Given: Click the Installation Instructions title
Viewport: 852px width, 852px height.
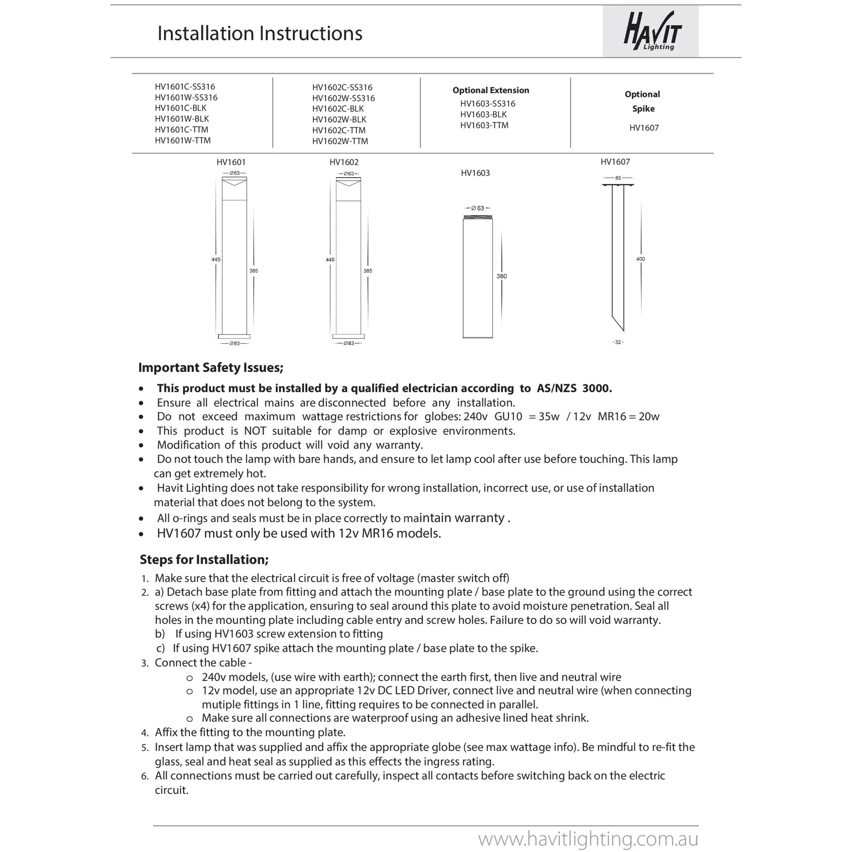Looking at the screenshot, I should coord(260,34).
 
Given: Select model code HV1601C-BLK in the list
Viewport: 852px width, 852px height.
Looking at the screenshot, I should coord(181,108).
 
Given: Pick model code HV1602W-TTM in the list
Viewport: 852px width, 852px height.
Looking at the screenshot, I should coord(340,141).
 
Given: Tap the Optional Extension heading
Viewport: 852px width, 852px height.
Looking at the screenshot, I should coord(490,90).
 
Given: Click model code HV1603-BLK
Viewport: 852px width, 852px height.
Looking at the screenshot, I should coord(483,115).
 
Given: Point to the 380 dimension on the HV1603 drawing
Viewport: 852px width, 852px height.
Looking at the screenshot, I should coord(501,277).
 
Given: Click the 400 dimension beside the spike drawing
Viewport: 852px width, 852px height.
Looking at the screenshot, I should coord(640,259).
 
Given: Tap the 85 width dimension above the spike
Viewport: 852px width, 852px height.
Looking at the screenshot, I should coord(618,178).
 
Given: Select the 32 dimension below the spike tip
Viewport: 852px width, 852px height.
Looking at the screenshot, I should coord(618,342).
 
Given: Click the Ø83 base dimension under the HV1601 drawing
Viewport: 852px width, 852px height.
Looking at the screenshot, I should coord(234,344).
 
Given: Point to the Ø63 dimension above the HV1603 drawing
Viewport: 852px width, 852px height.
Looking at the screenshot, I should coord(478,208).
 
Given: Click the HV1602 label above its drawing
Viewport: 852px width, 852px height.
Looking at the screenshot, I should coord(344,162).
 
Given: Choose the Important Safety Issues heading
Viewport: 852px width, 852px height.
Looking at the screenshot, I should coord(211,368).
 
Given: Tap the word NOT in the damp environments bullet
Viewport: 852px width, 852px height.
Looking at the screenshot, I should coord(255,431).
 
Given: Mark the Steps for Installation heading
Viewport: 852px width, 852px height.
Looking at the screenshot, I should coord(204,560).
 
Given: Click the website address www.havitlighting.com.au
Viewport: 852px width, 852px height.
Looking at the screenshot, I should coord(588,839).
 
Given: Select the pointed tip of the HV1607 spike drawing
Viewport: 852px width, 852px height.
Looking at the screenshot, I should coord(623,329).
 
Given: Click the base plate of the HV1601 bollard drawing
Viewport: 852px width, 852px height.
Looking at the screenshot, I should coord(234,337).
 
